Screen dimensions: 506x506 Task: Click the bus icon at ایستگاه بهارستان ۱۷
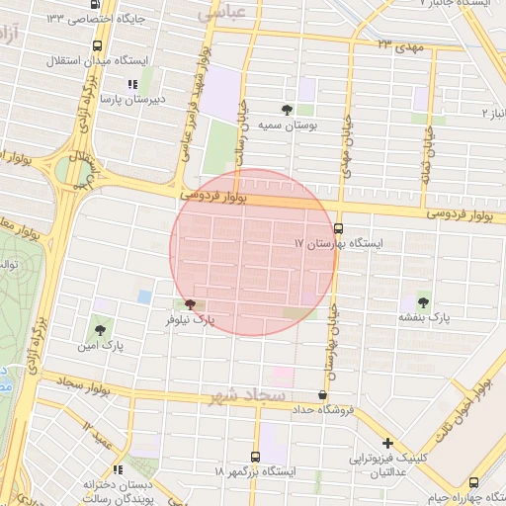[x=339, y=227]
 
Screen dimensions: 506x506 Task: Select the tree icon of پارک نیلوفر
[x=190, y=305]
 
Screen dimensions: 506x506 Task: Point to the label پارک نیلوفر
[x=190, y=321]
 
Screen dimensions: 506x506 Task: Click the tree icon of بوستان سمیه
[x=287, y=110]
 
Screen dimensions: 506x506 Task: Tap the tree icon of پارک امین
[x=99, y=330]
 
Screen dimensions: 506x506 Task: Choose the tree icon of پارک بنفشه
[x=424, y=302]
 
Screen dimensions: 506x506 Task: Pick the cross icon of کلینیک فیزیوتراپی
[x=387, y=444]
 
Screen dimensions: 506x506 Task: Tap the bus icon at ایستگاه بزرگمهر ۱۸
[x=256, y=458]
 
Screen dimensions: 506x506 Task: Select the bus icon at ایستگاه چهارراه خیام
[x=473, y=482]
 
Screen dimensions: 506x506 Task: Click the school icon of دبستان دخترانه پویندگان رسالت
[x=118, y=470]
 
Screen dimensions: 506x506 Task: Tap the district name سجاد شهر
[x=246, y=396]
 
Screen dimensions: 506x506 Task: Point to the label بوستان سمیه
[x=286, y=126]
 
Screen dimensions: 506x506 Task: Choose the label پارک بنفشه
[x=424, y=318]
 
